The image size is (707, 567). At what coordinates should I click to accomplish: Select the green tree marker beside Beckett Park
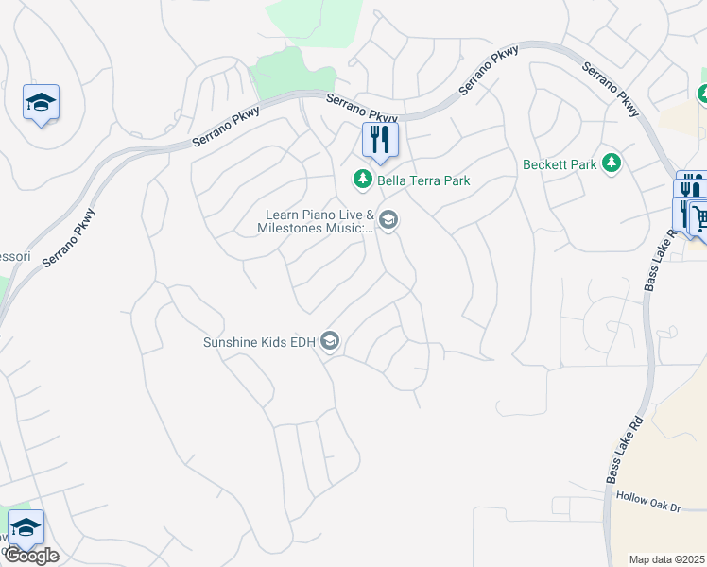(612, 163)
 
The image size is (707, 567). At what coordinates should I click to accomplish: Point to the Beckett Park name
(560, 164)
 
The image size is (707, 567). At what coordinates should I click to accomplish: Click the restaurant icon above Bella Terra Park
(380, 140)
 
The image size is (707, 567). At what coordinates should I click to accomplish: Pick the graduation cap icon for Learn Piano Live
(388, 221)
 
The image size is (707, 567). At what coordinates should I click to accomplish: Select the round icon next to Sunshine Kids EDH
(330, 341)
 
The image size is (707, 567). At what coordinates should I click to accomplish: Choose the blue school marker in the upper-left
(41, 103)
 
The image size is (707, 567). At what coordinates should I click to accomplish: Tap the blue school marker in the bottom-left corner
(26, 527)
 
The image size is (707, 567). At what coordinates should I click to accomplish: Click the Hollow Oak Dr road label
(648, 502)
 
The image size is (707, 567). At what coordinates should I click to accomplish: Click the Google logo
(31, 556)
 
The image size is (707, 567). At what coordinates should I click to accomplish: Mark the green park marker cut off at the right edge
(702, 94)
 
